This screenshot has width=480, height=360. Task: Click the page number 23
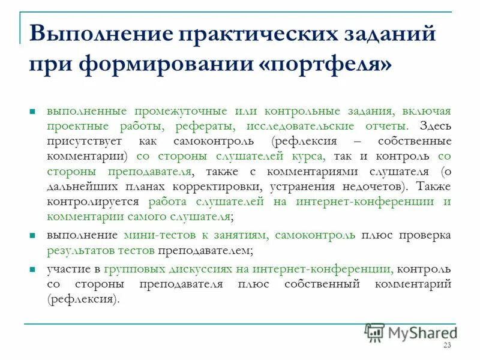coord(446,345)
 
